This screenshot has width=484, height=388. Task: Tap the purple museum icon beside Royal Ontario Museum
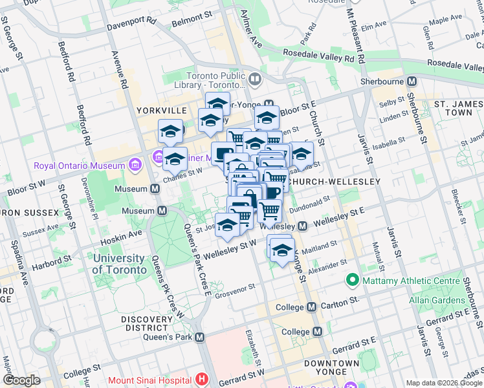(134, 164)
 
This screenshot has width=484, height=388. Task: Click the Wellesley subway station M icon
(302, 226)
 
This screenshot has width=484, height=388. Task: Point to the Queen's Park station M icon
(200, 337)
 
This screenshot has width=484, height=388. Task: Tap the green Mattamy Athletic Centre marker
(352, 280)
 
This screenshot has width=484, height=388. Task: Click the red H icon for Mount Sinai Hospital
(203, 380)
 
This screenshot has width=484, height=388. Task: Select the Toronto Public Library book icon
(255, 80)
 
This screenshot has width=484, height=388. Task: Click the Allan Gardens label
(437, 300)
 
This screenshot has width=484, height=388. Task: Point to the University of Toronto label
(118, 264)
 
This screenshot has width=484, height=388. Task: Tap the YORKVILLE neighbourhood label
(162, 111)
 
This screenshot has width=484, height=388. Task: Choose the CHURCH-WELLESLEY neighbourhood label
(334, 182)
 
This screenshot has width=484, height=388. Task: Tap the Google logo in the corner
(21, 380)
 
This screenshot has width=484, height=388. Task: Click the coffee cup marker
(272, 192)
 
